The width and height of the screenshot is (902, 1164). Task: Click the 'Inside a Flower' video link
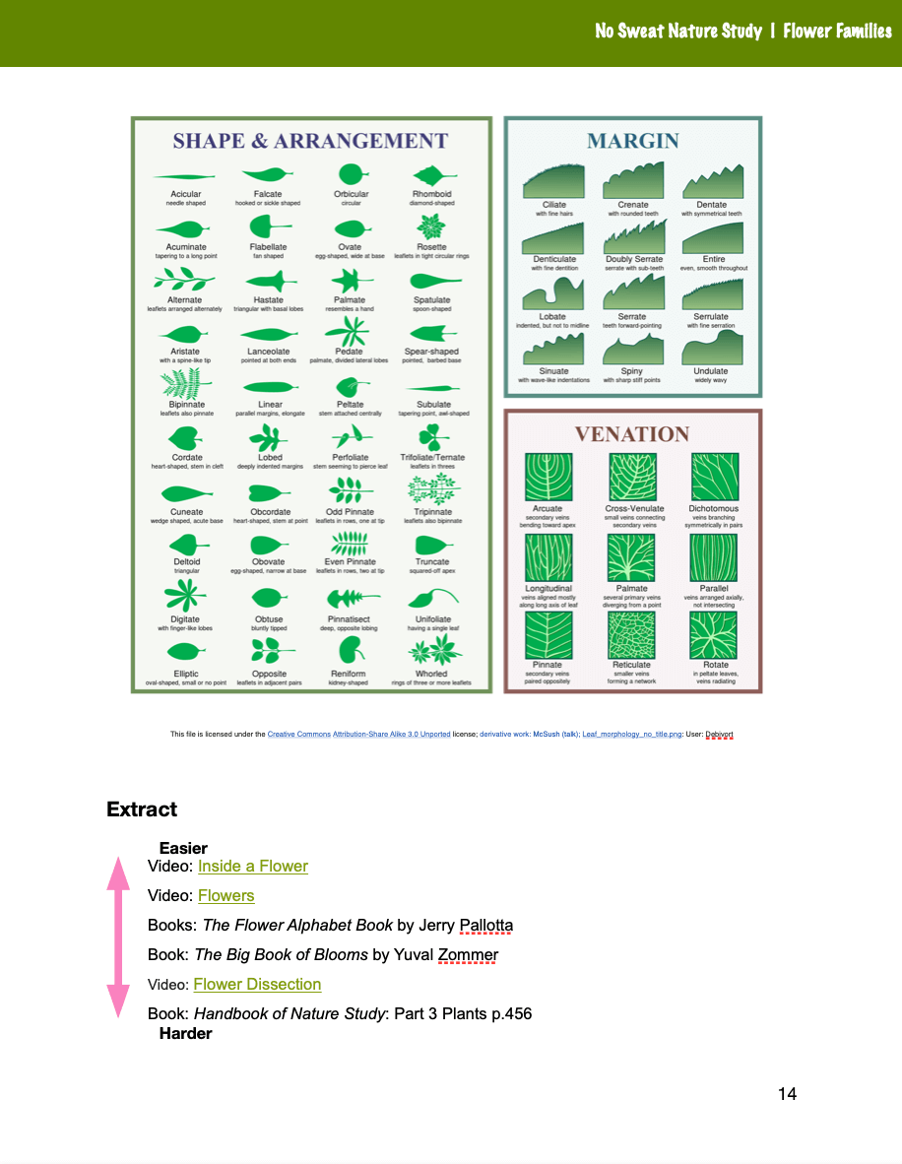click(x=252, y=867)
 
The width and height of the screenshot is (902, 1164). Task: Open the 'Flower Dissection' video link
click(x=257, y=985)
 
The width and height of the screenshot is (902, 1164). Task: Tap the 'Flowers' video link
click(x=225, y=896)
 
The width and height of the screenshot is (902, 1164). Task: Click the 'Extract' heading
click(x=142, y=809)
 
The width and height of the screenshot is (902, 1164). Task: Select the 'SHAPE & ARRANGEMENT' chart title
click(x=310, y=141)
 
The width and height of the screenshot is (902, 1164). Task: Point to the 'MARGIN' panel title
click(x=632, y=141)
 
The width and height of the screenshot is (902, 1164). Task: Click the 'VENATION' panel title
click(x=632, y=434)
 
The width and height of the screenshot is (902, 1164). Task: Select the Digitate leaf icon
click(x=184, y=596)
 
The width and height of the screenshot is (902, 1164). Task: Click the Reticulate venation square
click(x=631, y=635)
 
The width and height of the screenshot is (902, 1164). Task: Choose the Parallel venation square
click(x=713, y=557)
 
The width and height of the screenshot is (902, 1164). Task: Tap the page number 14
click(x=787, y=1094)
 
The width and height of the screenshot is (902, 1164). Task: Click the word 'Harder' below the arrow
click(x=185, y=1034)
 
